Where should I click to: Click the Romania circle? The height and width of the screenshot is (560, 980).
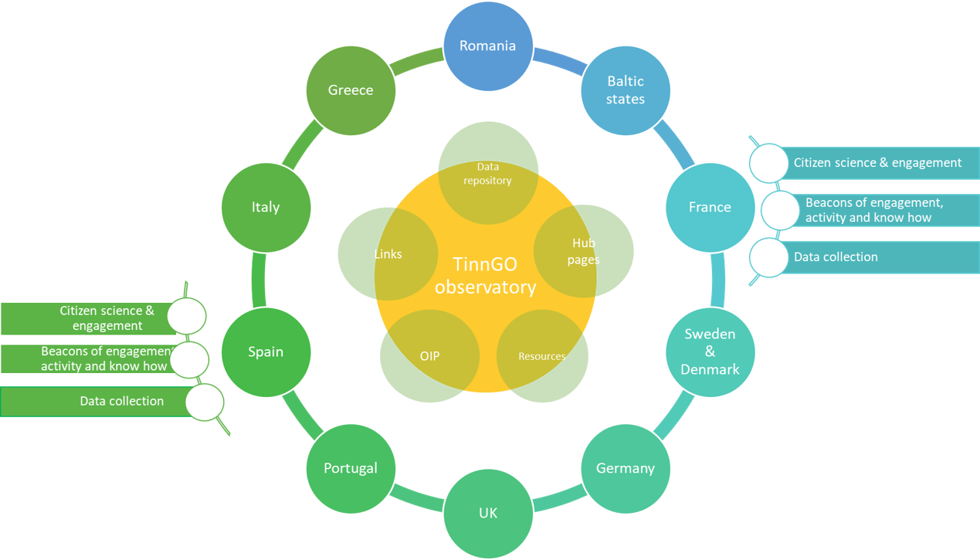[488, 46]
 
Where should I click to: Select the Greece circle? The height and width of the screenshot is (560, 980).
[351, 90]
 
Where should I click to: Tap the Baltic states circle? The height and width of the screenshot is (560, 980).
[626, 90]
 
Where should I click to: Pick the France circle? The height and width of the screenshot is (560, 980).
[710, 207]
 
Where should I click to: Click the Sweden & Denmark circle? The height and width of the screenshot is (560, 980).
[710, 352]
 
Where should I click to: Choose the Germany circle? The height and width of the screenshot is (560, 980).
[626, 469]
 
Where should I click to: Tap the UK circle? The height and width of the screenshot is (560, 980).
[488, 514]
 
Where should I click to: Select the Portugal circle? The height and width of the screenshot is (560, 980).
[351, 469]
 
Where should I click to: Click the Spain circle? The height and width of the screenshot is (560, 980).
[266, 352]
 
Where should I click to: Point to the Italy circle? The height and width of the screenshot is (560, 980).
[266, 207]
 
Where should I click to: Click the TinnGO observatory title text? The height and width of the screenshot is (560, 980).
[485, 276]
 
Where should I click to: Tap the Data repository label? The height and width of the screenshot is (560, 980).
[488, 173]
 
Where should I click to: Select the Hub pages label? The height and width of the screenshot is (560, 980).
[584, 251]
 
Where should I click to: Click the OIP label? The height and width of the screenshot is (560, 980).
[429, 356]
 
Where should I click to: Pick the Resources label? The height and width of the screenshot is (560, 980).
[542, 356]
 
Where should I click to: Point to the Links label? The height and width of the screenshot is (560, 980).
[388, 254]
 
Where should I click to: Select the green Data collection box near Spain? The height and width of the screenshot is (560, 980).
[97, 402]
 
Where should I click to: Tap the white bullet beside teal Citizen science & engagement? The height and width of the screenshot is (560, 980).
[768, 163]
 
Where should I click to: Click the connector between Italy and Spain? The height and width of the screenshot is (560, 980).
[259, 280]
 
